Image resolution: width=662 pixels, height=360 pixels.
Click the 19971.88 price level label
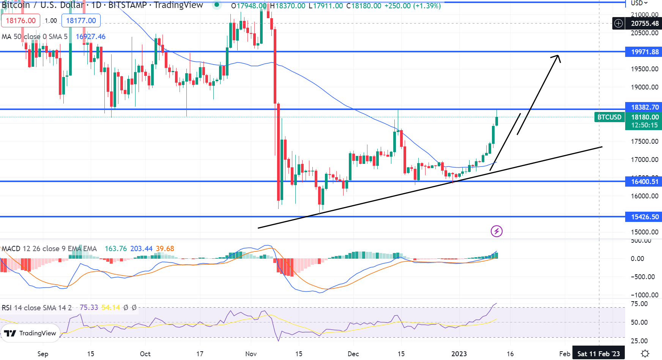tap(644, 52)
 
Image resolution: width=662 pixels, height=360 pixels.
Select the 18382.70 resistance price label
tap(644, 107)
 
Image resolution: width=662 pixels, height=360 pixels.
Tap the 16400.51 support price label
tap(644, 182)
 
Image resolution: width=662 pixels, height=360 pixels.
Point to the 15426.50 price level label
tap(644, 217)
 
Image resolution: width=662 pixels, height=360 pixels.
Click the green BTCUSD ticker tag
tap(609, 117)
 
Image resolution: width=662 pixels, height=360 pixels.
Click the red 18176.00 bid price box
tap(21, 20)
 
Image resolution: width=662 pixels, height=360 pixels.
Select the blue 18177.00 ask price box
tap(81, 20)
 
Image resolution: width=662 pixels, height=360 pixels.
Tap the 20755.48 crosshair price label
tap(645, 24)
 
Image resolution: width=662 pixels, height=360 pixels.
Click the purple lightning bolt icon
tap(496, 231)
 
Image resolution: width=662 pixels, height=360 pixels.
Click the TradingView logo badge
tap(30, 333)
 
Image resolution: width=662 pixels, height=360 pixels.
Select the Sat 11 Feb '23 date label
tap(598, 354)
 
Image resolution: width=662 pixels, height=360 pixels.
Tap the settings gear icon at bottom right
tap(645, 354)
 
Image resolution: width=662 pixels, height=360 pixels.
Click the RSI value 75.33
tap(89, 308)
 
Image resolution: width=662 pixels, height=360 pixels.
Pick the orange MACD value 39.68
tap(165, 249)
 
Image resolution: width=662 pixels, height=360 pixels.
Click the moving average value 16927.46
tap(90, 37)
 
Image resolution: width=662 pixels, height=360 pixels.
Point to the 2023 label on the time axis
tap(459, 354)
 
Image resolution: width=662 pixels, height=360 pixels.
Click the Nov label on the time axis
tap(251, 354)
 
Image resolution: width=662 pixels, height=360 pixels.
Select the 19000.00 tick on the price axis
tap(645, 87)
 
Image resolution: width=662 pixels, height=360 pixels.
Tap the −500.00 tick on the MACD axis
tap(642, 277)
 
